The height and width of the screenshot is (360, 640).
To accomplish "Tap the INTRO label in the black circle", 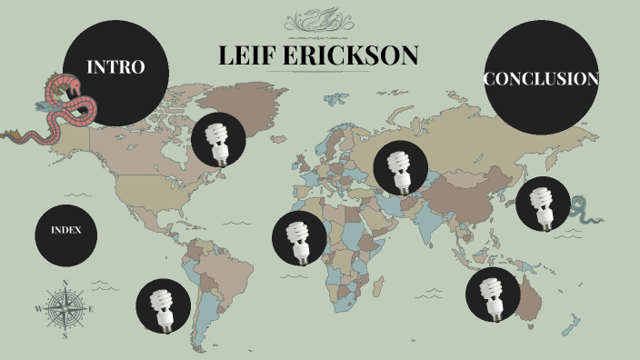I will coord(115,67).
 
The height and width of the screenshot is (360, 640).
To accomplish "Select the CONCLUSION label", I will coord(541,79).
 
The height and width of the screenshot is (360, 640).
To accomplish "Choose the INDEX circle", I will coord(66,230).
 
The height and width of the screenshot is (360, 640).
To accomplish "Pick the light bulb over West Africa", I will coord(299,239).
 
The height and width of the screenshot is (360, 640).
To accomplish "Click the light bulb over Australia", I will coord(493,295).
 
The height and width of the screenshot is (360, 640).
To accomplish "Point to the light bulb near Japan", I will coord(543,206).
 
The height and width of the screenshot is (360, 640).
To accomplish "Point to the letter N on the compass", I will coord(65,281).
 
